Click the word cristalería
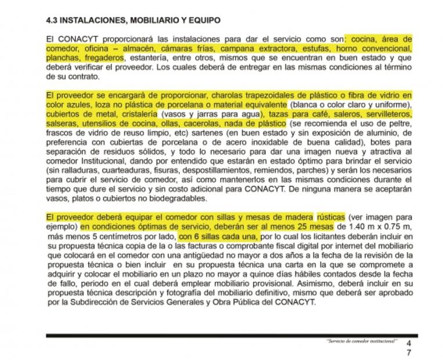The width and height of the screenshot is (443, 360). pyautogui.click(x=137, y=114)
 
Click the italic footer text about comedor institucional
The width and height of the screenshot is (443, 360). pyautogui.click(x=361, y=341)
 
